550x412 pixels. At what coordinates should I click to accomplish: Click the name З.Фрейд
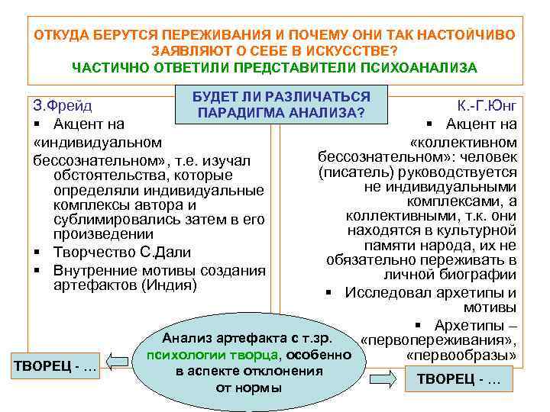63,105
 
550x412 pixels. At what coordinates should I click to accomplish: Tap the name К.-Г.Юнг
487,106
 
